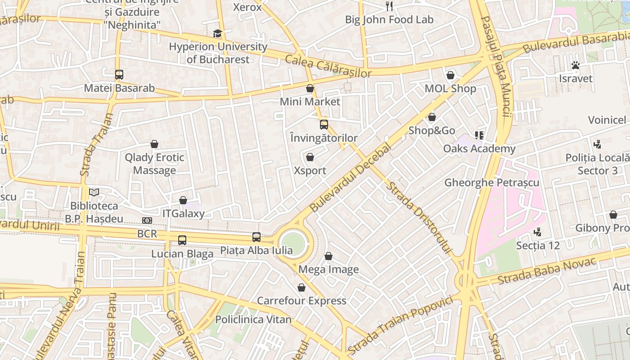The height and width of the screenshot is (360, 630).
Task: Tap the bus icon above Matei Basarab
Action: coord(119,75)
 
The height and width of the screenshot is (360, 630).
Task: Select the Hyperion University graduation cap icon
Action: coord(218,34)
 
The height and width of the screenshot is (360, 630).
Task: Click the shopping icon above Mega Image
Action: coord(328,256)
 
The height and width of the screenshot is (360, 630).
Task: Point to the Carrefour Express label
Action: coord(301,301)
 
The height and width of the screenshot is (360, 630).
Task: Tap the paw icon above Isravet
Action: coord(575,65)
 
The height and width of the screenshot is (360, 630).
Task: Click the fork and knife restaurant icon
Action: coord(389,6)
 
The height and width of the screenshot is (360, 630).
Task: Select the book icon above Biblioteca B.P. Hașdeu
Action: coord(94,193)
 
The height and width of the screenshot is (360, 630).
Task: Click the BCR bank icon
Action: coord(147,220)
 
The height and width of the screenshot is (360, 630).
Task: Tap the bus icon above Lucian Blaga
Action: coord(182,240)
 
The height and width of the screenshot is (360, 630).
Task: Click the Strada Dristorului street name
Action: coord(419,218)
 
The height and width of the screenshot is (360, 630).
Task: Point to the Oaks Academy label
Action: coord(479,149)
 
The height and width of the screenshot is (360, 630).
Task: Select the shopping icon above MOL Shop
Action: coord(450,75)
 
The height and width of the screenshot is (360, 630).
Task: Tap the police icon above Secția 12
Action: coord(537,232)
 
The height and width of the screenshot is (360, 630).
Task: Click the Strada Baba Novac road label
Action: coord(546,270)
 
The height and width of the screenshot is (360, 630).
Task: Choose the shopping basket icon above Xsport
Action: coord(310,157)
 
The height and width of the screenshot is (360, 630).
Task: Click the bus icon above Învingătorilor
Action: coord(324,125)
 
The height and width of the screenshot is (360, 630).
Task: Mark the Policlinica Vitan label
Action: coord(253,319)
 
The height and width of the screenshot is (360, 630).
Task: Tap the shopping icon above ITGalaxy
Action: coord(183,200)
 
